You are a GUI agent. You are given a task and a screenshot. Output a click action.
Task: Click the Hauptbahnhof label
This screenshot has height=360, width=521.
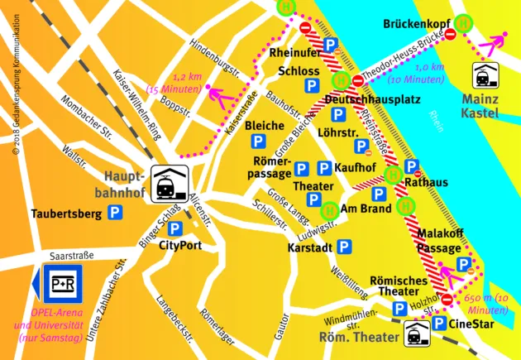coord(125,185)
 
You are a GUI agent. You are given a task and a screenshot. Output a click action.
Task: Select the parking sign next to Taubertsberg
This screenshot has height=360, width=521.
coord(117,214)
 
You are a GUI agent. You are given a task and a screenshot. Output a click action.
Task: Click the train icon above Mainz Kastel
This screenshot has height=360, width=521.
coord(485,77)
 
